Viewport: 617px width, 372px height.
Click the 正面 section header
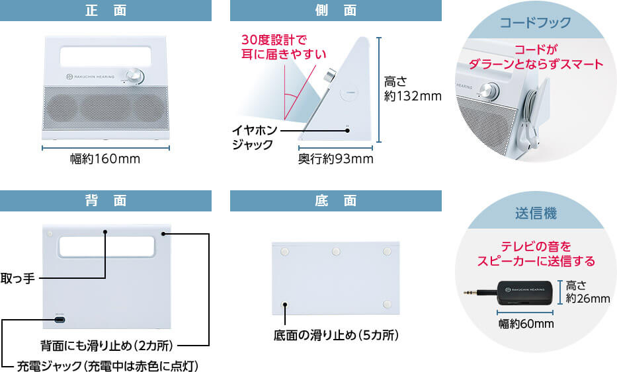click(106, 11)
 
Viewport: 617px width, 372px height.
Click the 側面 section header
click(335, 11)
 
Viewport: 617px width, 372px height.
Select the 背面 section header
click(106, 201)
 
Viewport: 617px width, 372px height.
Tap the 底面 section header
click(335, 201)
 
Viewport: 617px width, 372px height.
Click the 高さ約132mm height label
click(412, 89)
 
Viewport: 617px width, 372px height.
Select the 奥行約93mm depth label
click(335, 159)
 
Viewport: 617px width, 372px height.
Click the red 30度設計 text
click(274, 46)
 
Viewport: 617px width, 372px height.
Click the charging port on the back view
click(60, 320)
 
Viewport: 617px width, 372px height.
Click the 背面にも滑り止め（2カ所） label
click(106, 345)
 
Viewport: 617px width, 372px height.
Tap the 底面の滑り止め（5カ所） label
click(336, 336)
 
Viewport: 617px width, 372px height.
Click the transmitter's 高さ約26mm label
click(587, 292)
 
